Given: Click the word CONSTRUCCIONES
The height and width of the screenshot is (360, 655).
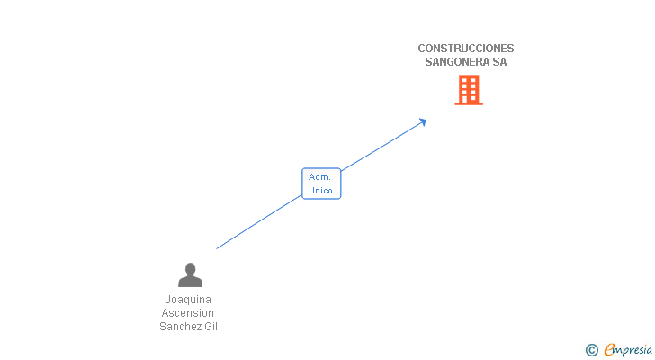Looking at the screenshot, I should tap(466, 49).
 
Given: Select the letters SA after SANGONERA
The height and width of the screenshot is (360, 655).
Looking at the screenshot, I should tap(499, 62).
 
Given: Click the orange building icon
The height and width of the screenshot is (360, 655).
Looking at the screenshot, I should tap(468, 90).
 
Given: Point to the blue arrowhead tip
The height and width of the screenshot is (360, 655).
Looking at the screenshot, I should tap(426, 120).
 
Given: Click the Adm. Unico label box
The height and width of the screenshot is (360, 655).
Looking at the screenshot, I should tap(321, 184).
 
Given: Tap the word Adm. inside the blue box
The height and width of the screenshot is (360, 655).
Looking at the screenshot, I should tap(319, 177).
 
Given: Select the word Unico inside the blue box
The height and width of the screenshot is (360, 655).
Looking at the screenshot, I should tap(320, 191).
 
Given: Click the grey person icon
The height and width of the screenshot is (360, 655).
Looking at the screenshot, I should tap(190, 274).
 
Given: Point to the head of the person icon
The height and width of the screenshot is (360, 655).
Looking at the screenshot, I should tap(190, 268).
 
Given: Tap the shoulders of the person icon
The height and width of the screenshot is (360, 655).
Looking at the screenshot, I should tap(190, 282).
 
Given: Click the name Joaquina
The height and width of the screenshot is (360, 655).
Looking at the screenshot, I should tap(188, 300).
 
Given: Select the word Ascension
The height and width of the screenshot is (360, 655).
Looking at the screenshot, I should tap(188, 313).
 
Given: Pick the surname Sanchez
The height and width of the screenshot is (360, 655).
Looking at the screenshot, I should tap(179, 327).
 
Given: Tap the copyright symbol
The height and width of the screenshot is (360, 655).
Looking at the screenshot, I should tap(591, 350).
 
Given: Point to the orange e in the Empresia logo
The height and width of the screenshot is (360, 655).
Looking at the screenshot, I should tap(609, 350).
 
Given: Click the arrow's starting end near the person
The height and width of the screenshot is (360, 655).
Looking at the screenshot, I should tap(217, 248).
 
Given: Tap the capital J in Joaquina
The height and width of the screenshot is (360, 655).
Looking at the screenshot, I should tap(168, 300).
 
